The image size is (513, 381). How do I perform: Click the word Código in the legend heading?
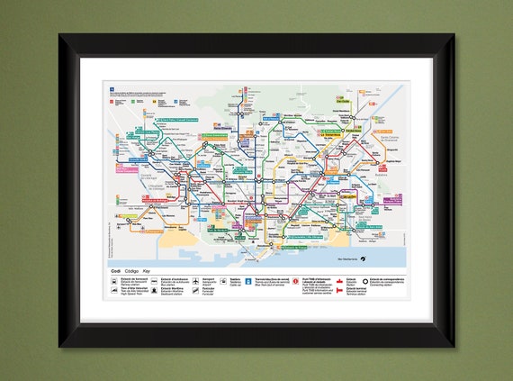pos(130,270)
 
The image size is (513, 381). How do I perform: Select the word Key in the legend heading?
pos(147,270)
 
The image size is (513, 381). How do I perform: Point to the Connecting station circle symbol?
pos(373,281)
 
